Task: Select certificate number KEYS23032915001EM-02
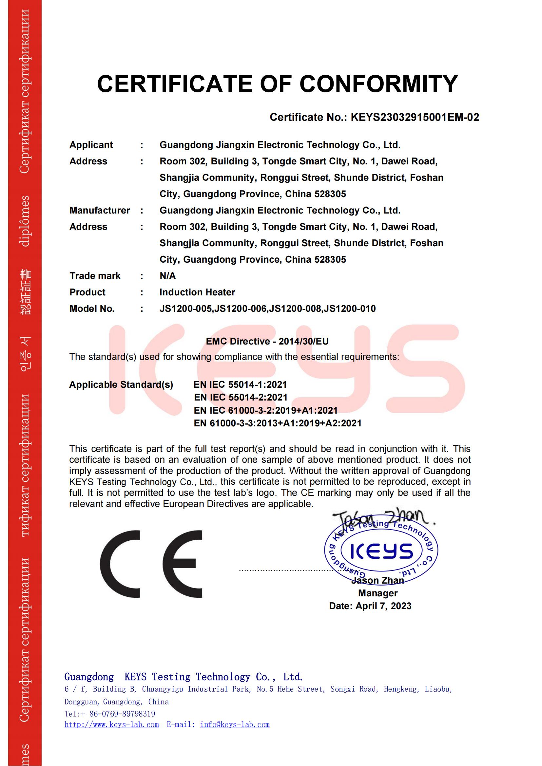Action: point(415,117)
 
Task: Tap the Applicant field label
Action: point(91,145)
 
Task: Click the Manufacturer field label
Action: point(100,210)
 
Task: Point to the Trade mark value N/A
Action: point(167,276)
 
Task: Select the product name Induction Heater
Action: point(197,292)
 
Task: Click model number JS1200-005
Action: point(186,308)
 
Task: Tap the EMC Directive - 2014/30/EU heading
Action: point(267,341)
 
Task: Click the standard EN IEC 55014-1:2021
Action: point(240,385)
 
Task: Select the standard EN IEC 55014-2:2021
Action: point(241,397)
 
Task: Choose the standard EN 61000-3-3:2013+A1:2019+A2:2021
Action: point(278,423)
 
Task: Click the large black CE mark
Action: point(151,564)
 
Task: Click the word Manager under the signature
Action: point(378,593)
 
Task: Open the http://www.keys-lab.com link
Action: point(111,725)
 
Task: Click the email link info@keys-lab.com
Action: point(235,725)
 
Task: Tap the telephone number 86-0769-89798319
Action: point(122,714)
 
